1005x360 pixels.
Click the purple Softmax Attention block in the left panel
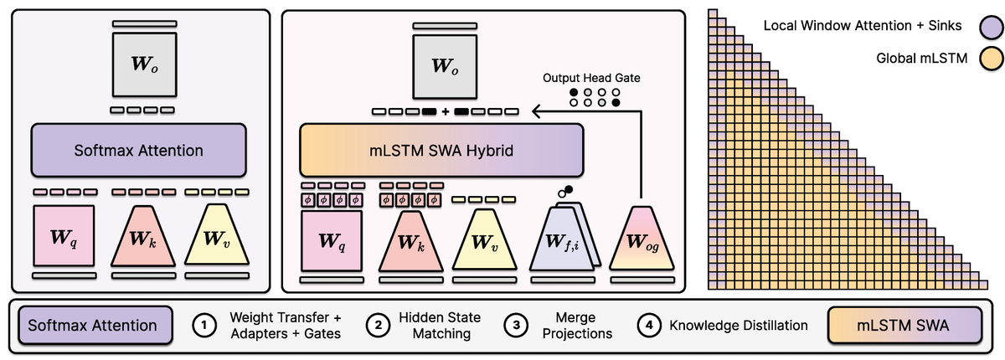pos(138,151)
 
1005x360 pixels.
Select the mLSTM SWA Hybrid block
pos(441,151)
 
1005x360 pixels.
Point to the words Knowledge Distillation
pos(737,325)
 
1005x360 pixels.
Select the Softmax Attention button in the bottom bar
pos(94,325)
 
